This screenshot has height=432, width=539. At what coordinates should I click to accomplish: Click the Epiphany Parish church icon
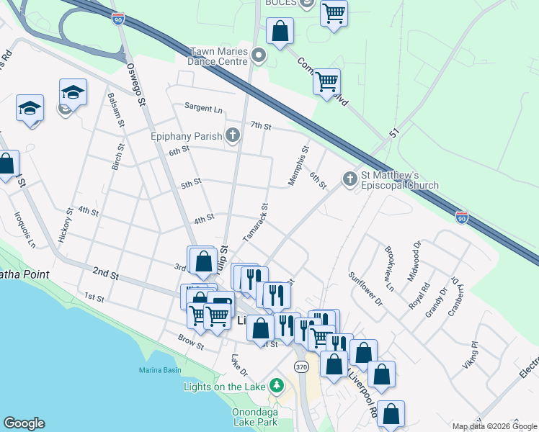[x=232, y=135]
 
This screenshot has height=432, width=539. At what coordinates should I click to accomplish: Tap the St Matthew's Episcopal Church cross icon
[x=350, y=179]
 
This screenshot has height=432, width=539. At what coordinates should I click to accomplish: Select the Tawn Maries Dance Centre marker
[x=260, y=55]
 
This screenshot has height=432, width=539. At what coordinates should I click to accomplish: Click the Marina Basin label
[x=160, y=371]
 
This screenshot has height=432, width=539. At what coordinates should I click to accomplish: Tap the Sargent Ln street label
[x=203, y=108]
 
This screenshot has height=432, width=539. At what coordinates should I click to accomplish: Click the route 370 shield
[x=301, y=367]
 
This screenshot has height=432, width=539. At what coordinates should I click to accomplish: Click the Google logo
[x=24, y=423]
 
